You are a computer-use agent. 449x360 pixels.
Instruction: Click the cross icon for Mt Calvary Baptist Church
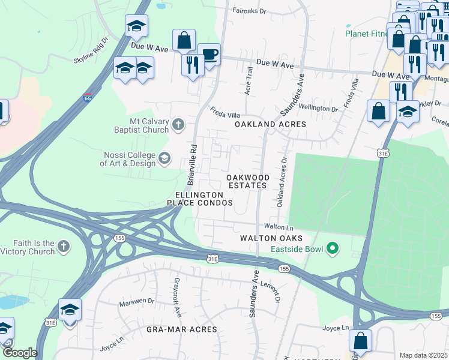(178, 125)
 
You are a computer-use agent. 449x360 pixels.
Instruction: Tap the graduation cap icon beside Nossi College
(163, 159)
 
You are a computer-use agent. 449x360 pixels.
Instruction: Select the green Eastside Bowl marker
(330, 248)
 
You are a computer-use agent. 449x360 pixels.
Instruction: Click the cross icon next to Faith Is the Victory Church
(64, 247)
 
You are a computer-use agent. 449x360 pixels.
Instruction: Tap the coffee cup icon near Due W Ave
(209, 55)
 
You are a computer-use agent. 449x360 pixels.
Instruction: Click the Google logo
(20, 353)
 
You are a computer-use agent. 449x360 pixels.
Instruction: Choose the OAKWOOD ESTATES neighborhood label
(248, 181)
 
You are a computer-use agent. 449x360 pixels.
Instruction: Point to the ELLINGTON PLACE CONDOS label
(204, 199)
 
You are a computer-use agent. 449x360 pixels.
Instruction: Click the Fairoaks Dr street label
(249, 11)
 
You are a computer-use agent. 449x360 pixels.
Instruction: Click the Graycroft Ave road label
(176, 290)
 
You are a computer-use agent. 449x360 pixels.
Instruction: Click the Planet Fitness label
(366, 34)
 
